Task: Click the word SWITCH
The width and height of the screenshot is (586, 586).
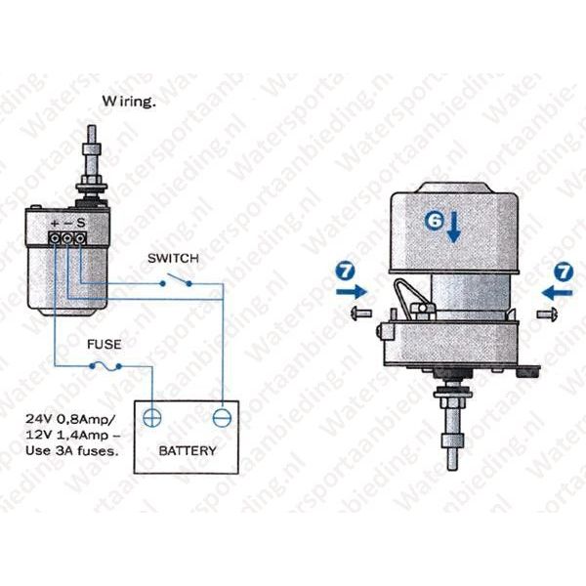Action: [173, 258]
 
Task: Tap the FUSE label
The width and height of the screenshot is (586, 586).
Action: [105, 344]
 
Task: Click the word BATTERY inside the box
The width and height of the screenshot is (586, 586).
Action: [188, 450]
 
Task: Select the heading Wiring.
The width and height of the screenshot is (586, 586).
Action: [129, 102]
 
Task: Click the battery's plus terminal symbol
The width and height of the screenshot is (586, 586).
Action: [152, 418]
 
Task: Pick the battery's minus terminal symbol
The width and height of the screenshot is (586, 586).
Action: [222, 418]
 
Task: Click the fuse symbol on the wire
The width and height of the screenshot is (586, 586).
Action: [105, 366]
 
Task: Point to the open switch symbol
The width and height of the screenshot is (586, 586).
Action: [176, 280]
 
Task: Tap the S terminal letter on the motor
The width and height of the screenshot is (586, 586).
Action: [81, 224]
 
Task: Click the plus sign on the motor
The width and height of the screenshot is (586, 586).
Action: [55, 224]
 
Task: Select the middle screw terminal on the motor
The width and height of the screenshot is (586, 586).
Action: [67, 238]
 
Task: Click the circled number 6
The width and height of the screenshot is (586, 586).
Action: [435, 221]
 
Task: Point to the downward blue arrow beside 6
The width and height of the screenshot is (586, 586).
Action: [454, 227]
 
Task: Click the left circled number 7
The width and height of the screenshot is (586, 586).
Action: [346, 271]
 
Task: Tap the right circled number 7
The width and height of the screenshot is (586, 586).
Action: [564, 272]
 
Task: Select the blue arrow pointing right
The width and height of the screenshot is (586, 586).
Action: [352, 291]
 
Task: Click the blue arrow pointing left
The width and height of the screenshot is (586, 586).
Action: [558, 292]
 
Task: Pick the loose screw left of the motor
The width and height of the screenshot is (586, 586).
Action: [361, 313]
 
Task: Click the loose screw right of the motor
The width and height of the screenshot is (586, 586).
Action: [547, 314]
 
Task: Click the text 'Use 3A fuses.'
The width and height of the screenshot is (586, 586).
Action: [72, 451]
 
